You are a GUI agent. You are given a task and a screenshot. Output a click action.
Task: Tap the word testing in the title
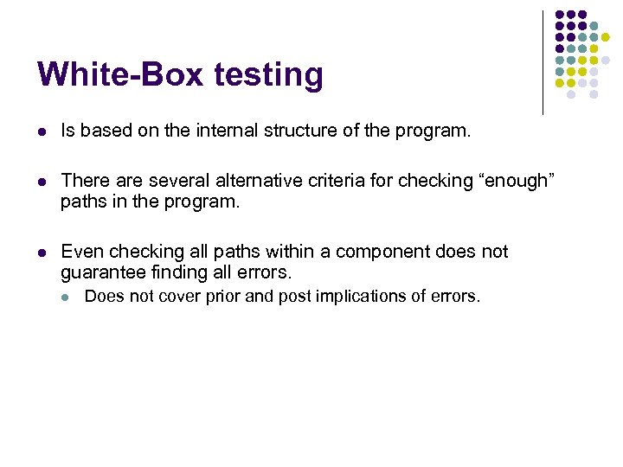tap(268, 76)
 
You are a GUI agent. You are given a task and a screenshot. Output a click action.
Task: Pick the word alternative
tap(248, 181)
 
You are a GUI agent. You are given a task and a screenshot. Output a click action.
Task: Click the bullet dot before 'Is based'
tap(42, 131)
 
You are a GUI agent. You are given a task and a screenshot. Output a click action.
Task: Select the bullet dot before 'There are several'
tap(42, 182)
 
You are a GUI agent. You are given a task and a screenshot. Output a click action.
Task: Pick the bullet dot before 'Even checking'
tap(42, 253)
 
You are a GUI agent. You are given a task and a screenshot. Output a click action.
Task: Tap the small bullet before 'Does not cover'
tap(67, 297)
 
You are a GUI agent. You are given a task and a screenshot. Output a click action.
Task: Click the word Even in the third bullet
tap(82, 252)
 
